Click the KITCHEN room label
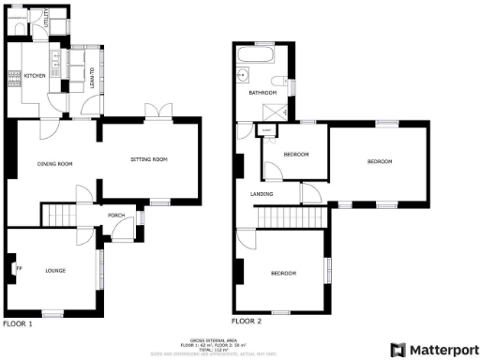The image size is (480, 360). pyautogui.click(x=35, y=76)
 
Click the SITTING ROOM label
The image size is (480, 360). pyautogui.click(x=148, y=159)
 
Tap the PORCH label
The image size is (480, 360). pyautogui.click(x=117, y=216)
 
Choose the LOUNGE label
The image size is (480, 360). pyautogui.click(x=54, y=271)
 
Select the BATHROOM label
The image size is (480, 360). pyautogui.click(x=262, y=93)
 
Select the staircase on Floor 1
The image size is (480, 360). pyautogui.click(x=62, y=215)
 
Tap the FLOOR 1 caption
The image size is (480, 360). pyautogui.click(x=17, y=323)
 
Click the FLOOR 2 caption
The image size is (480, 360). pyautogui.click(x=247, y=321)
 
